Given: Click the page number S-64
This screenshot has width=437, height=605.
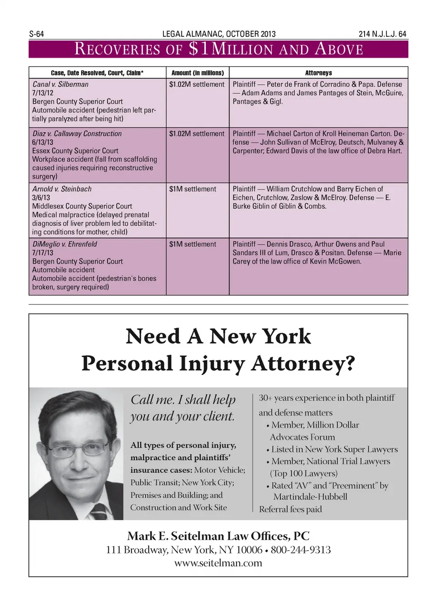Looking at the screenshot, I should click(x=36, y=34).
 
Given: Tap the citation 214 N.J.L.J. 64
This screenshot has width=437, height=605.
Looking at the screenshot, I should click(x=382, y=34).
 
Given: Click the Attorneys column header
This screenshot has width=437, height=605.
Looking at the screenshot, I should click(x=318, y=73).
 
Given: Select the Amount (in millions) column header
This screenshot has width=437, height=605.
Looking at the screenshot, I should click(x=198, y=73).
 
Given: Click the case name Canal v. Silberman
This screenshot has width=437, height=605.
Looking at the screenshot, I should click(x=60, y=84).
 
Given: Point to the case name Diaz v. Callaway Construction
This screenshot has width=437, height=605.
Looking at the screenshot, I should click(x=77, y=133).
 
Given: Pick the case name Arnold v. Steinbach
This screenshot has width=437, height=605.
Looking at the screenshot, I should click(x=62, y=189).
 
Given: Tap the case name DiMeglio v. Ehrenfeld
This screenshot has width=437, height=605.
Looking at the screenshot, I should click(x=65, y=244).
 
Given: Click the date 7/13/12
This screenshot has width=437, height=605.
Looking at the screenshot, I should click(x=43, y=93).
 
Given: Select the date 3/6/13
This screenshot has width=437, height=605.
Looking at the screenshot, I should click(x=41, y=198).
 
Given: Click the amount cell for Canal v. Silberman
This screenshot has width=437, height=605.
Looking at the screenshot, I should click(x=197, y=84).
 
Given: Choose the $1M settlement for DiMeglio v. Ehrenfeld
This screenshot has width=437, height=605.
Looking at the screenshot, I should click(x=193, y=244).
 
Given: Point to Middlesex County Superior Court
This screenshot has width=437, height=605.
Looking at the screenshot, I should click(x=82, y=206).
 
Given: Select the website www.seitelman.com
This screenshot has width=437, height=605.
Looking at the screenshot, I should click(x=218, y=563).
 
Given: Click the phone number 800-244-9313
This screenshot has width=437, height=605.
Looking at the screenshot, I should click(x=300, y=550).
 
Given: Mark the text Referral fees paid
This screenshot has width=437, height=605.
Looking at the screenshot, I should click(x=290, y=509).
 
